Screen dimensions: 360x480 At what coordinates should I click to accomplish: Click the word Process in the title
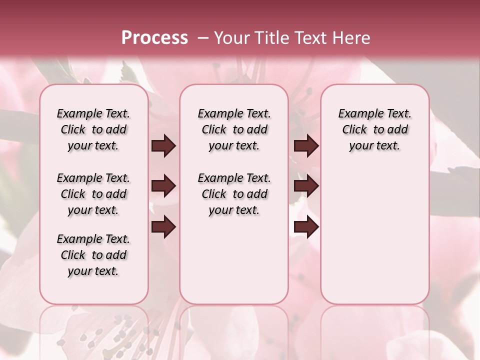pyautogui.click(x=154, y=37)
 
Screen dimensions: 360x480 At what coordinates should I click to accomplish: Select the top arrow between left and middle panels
pyautogui.click(x=163, y=146)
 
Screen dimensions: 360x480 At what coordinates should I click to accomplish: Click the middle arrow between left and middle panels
pyautogui.click(x=163, y=186)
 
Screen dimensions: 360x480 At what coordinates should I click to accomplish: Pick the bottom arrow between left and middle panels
pyautogui.click(x=163, y=227)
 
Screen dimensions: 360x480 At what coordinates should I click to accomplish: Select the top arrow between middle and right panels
pyautogui.click(x=306, y=146)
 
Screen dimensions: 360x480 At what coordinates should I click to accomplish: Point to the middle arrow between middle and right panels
pyautogui.click(x=306, y=186)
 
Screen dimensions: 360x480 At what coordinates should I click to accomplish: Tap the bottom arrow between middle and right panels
pyautogui.click(x=306, y=227)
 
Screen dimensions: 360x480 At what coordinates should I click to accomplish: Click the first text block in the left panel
pyautogui.click(x=93, y=129)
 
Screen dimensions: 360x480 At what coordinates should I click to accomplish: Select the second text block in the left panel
pyautogui.click(x=93, y=194)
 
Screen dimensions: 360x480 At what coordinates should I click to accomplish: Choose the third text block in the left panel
pyautogui.click(x=93, y=255)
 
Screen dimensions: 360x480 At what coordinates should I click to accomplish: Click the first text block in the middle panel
pyautogui.click(x=234, y=129)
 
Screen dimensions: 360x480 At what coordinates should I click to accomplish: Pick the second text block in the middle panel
pyautogui.click(x=234, y=194)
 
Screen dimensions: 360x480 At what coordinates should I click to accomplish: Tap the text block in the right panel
pyautogui.click(x=374, y=129)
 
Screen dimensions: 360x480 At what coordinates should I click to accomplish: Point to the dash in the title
pyautogui.click(x=203, y=38)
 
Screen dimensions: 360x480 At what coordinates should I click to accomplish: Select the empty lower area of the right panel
pyautogui.click(x=374, y=235)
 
